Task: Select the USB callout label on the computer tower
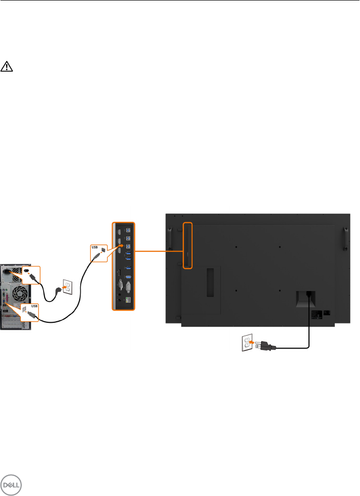[x=33, y=305]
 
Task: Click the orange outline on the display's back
[x=187, y=246]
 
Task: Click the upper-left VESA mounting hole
[x=237, y=247]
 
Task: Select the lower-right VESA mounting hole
[x=280, y=291]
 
